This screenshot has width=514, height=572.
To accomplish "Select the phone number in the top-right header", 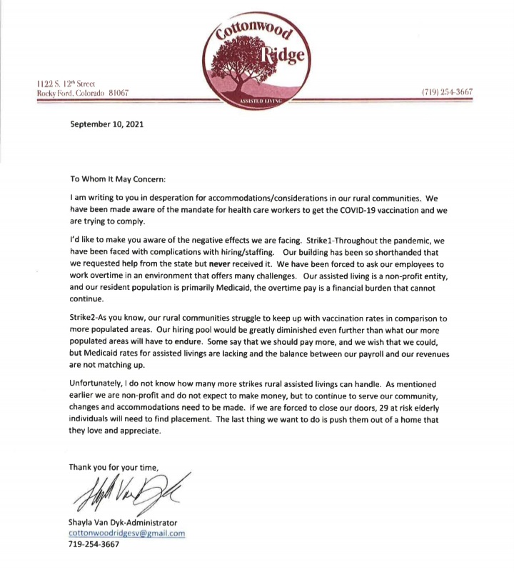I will [x=448, y=92].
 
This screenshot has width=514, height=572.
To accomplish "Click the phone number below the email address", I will [x=94, y=544].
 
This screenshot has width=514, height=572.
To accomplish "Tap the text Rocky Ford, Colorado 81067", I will [x=83, y=93].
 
